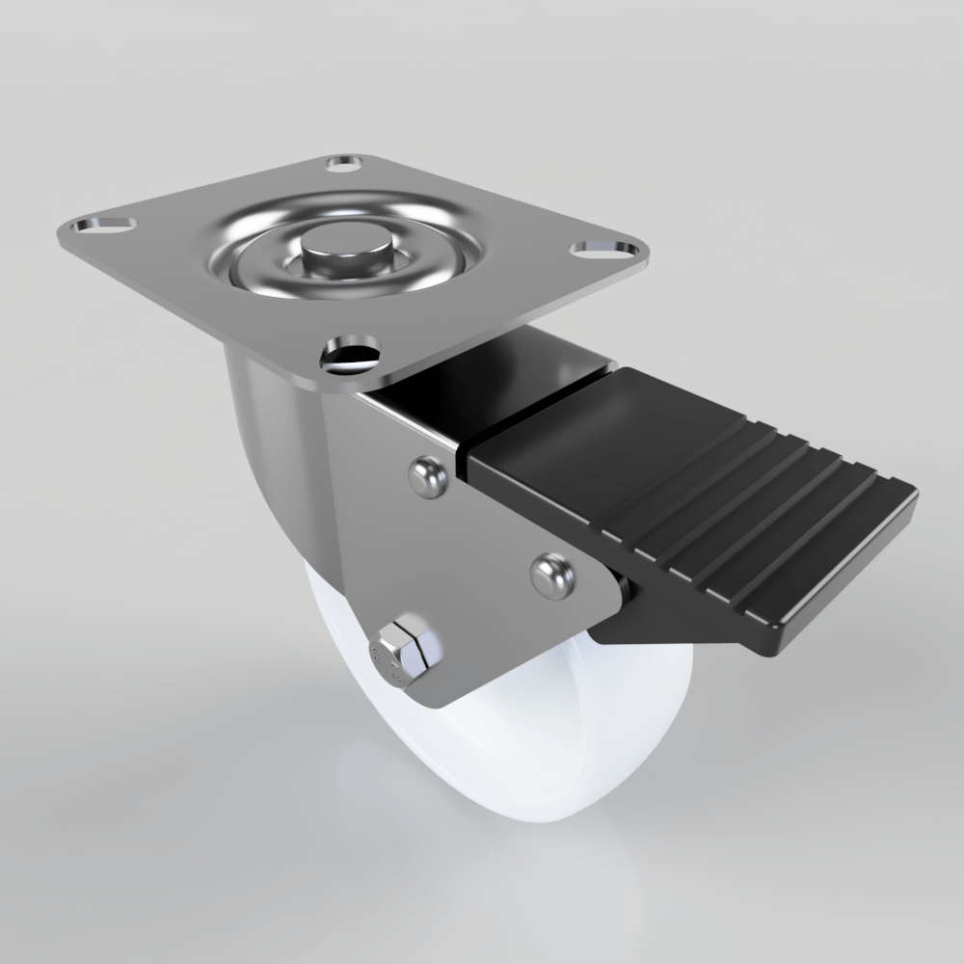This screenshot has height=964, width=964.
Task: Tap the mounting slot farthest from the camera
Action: (x=344, y=164)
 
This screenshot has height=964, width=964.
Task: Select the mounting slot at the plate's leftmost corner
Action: (x=99, y=228)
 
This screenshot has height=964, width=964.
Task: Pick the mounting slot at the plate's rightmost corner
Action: (x=603, y=250)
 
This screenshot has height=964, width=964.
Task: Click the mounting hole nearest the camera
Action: (x=349, y=353)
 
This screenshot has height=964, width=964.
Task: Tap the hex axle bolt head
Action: (x=403, y=654)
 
